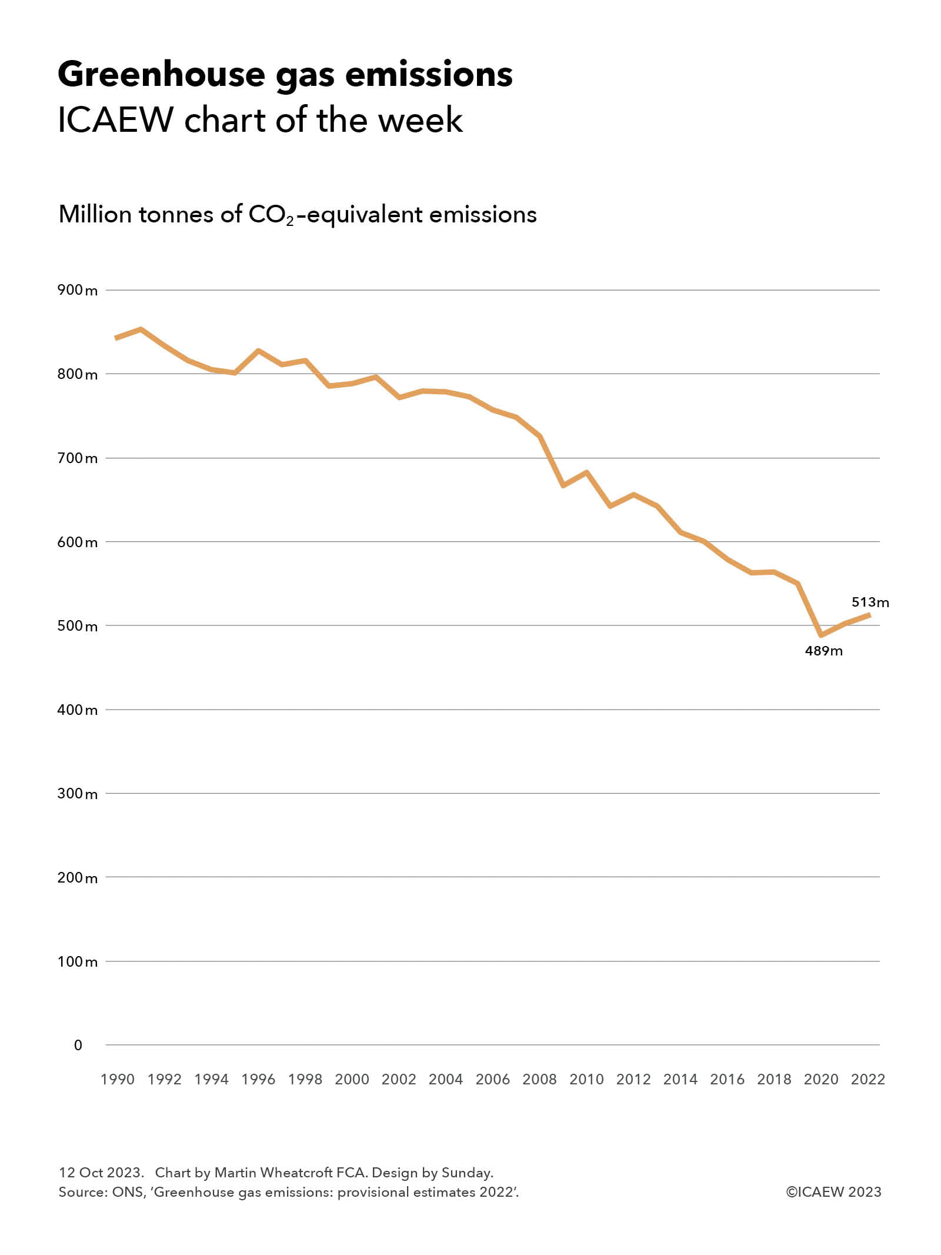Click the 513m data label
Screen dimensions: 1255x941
pyautogui.click(x=870, y=602)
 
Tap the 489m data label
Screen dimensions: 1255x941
pyautogui.click(x=823, y=651)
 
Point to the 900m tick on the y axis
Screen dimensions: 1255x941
pyautogui.click(x=77, y=290)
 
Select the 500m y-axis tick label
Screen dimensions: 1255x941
pyautogui.click(x=77, y=626)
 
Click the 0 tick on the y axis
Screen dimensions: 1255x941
pyautogui.click(x=78, y=1045)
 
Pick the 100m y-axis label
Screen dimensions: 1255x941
pyautogui.click(x=77, y=961)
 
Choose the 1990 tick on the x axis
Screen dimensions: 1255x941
pyautogui.click(x=118, y=1079)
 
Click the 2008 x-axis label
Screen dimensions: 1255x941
pyautogui.click(x=539, y=1079)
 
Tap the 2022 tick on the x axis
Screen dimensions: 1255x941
pyautogui.click(x=868, y=1079)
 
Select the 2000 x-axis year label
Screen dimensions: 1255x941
pyautogui.click(x=352, y=1079)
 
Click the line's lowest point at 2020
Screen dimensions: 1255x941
pyautogui.click(x=821, y=635)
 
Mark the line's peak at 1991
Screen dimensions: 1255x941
pyautogui.click(x=141, y=329)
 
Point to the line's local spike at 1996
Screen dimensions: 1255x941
pyautogui.click(x=258, y=351)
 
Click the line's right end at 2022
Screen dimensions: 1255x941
pyautogui.click(x=869, y=615)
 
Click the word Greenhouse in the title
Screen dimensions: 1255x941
pyautogui.click(x=161, y=75)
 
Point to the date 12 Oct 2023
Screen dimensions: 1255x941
pyautogui.click(x=101, y=1173)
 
